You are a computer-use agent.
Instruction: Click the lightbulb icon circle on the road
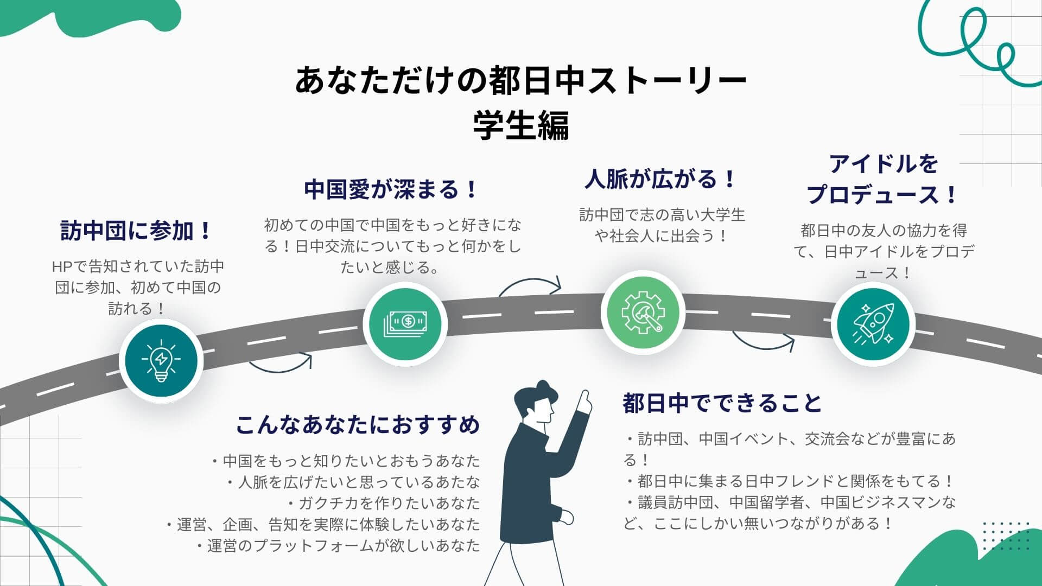click(161, 361)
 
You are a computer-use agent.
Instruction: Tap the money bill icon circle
click(405, 324)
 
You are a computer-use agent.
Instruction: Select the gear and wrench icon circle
click(643, 312)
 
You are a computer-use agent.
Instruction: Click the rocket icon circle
click(873, 324)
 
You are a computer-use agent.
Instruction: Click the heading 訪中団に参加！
click(136, 231)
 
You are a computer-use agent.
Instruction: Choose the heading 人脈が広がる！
click(661, 179)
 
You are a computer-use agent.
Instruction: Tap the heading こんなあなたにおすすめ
click(358, 425)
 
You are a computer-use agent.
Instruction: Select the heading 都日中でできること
click(722, 403)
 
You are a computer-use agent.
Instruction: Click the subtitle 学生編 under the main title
click(521, 125)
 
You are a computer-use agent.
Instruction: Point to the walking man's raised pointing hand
click(584, 402)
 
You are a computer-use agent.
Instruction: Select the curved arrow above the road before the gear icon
click(531, 286)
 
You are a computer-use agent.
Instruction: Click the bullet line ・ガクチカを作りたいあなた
click(384, 503)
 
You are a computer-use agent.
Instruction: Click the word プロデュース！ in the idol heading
click(882, 194)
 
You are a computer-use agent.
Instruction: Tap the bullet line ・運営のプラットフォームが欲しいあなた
click(339, 545)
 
